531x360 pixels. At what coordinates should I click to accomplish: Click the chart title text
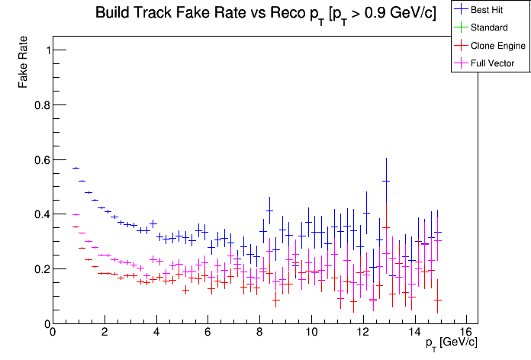click(265, 14)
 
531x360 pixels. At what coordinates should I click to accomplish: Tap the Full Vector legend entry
click(493, 63)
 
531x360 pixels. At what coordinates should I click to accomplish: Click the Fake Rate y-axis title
click(24, 63)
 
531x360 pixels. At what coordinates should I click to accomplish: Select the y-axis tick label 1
click(44, 50)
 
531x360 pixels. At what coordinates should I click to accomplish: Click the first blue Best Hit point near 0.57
click(76, 168)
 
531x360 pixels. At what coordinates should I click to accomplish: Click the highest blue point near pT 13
click(386, 181)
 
